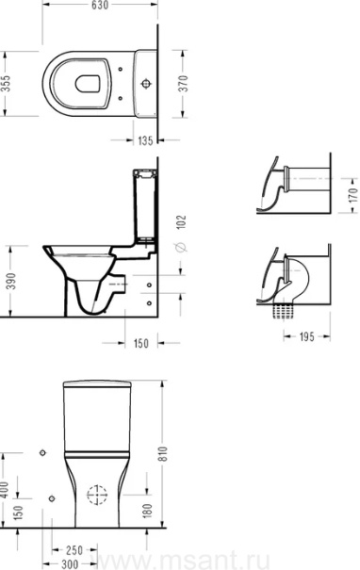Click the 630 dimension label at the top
click(100, 5)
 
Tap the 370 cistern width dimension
click(185, 83)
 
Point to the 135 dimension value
click(145, 140)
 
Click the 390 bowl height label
click(12, 281)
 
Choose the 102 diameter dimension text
click(181, 221)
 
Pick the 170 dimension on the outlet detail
click(353, 195)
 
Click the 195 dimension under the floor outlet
click(306, 336)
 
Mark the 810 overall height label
click(164, 454)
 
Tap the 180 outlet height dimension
click(147, 511)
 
